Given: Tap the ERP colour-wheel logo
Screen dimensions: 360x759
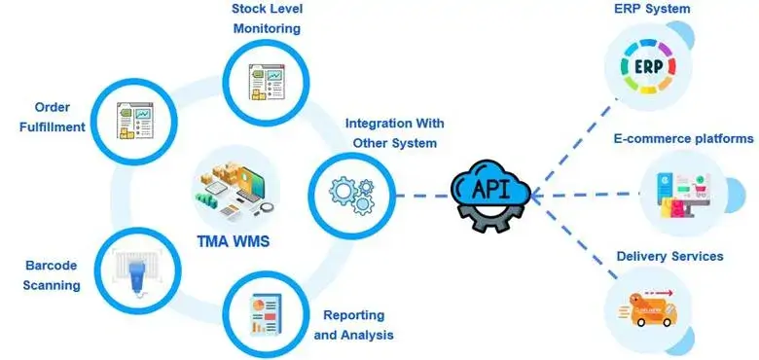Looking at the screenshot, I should pyautogui.click(x=650, y=67).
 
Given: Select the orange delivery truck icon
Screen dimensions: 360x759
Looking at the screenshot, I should pyautogui.click(x=649, y=309).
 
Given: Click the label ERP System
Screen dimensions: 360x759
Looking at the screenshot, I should pyautogui.click(x=652, y=9).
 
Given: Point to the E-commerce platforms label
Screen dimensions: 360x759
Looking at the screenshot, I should pyautogui.click(x=682, y=139).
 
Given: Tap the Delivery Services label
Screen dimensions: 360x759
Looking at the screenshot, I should pyautogui.click(x=669, y=256).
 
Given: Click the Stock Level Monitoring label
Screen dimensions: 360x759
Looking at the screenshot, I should pyautogui.click(x=266, y=18).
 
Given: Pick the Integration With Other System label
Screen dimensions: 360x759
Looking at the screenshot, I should pyautogui.click(x=394, y=133).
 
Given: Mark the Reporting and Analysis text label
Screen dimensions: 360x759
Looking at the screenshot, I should pyautogui.click(x=353, y=325).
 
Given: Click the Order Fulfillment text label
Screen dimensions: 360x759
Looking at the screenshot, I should pyautogui.click(x=53, y=117).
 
